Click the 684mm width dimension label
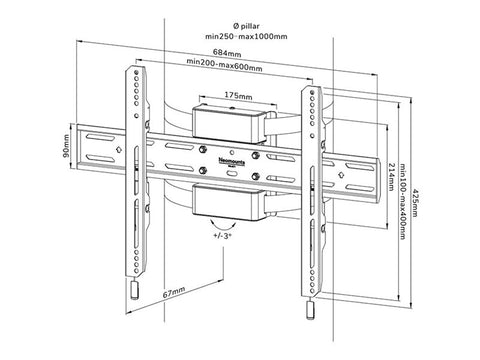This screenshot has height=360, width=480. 223,52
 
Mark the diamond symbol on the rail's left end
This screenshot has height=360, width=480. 120,151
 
